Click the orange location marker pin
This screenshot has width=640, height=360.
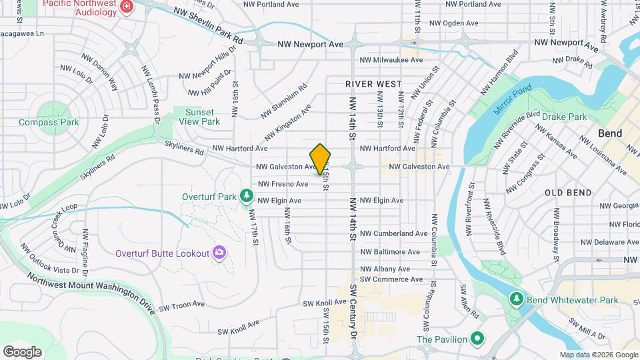pos(321,159)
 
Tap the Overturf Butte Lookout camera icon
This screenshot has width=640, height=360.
pos(219,252)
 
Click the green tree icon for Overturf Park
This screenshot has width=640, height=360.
pos(247,195)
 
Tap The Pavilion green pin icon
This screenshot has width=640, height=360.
pos(477,339)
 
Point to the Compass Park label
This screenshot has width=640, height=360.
pos(49,122)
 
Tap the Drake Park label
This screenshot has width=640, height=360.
pos(564,117)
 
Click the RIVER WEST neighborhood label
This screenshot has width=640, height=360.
pos(374,84)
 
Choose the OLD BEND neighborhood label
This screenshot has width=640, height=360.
pos(568,193)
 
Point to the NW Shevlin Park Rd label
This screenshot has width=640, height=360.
pos(208,27)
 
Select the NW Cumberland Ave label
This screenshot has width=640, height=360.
pos(393,234)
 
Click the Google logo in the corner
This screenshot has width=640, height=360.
pos(22,352)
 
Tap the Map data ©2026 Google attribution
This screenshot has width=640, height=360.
pos(598,355)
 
